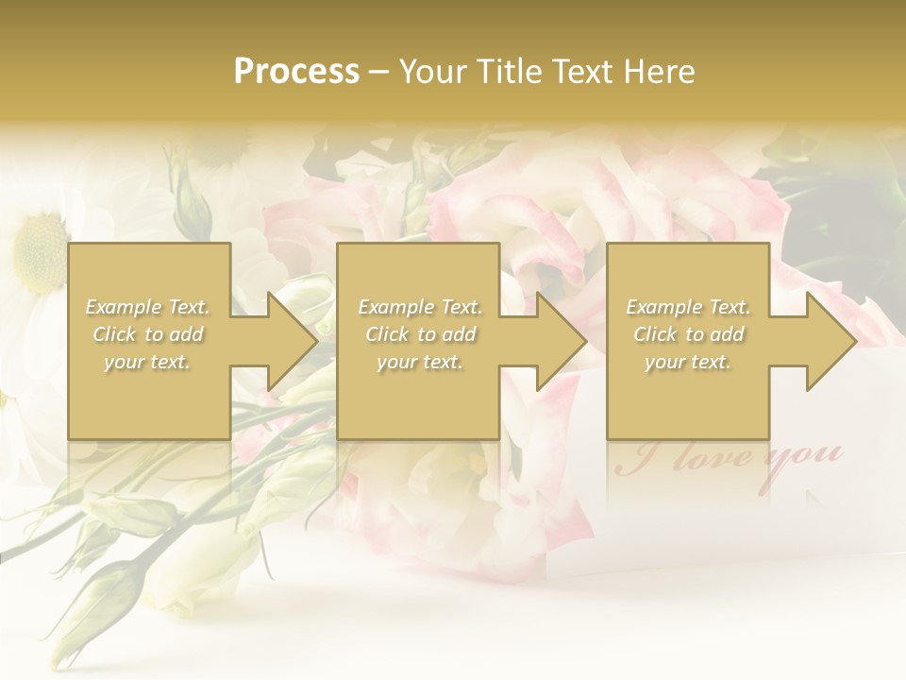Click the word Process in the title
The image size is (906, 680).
click(x=296, y=72)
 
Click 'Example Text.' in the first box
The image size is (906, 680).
click(x=148, y=307)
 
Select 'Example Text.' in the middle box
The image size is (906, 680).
click(x=420, y=307)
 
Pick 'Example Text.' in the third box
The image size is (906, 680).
click(x=688, y=307)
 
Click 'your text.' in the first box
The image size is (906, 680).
click(x=148, y=362)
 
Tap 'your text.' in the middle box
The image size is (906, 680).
click(x=420, y=362)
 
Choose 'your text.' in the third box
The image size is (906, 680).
click(x=688, y=362)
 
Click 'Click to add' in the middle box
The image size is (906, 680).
click(x=420, y=334)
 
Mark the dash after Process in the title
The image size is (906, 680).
click(x=379, y=73)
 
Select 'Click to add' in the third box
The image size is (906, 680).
click(x=688, y=334)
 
